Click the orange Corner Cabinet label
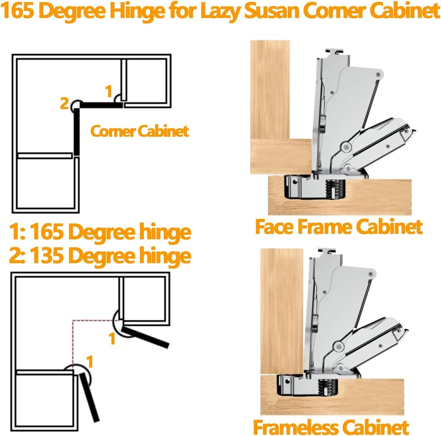(139, 131)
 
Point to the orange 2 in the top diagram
(64, 103)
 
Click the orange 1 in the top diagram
(109, 91)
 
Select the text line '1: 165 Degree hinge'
(100, 232)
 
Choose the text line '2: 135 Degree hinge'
(100, 255)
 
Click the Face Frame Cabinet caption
(339, 226)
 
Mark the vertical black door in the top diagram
(77, 131)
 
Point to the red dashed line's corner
(73, 320)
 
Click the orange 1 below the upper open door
(112, 339)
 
